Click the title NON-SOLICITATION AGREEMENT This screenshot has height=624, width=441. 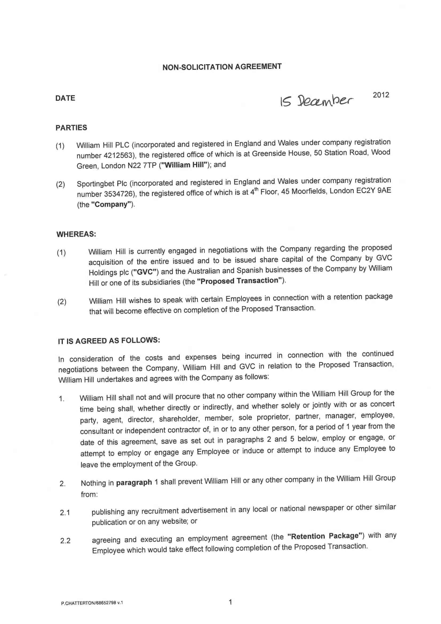click(222, 66)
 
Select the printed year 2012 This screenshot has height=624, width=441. click(381, 95)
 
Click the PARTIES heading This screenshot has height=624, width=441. click(71, 128)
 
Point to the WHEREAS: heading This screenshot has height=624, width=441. click(76, 234)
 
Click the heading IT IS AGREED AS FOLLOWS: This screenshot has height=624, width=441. click(109, 340)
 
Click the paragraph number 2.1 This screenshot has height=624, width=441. click(65, 512)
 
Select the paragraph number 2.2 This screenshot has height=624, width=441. click(65, 541)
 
